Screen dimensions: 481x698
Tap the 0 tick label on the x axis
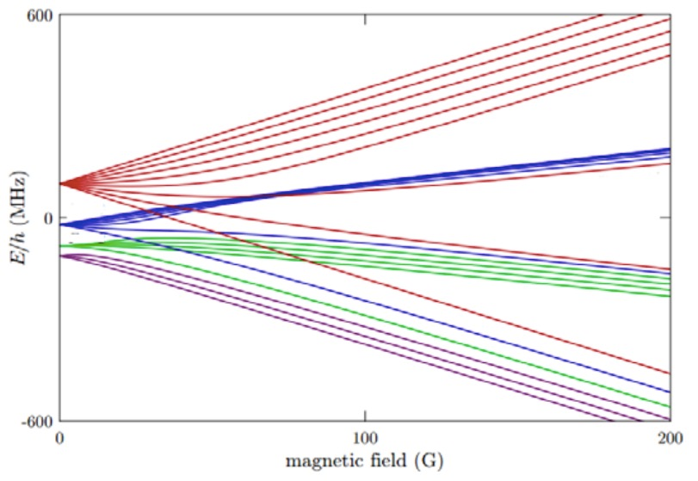click(59, 439)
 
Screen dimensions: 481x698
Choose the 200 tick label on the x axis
click(670, 439)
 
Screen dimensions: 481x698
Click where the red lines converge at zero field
click(60, 183)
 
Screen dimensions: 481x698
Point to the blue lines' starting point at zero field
click(60, 225)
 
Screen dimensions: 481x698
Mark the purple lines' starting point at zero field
click(60, 256)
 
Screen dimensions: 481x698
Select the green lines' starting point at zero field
click(60, 246)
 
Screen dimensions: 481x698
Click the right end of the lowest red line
click(670, 373)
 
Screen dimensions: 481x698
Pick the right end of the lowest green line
click(670, 406)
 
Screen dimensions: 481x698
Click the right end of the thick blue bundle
click(670, 153)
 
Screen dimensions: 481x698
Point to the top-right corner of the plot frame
click(670, 16)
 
